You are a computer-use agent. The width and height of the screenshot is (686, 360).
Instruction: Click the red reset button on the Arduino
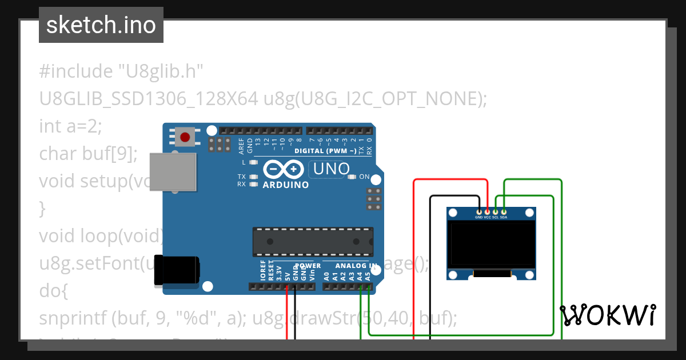[185, 137]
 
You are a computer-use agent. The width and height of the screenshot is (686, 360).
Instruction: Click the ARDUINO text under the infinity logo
[286, 185]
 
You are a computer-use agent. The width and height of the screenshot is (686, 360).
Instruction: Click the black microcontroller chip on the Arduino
[313, 241]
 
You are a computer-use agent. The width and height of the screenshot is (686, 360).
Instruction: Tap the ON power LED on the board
[352, 177]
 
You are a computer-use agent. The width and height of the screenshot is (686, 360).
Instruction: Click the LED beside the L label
[253, 163]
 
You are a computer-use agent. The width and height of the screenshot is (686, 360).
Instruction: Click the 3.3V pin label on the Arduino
[279, 273]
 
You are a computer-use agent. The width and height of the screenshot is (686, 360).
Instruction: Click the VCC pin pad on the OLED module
[487, 212]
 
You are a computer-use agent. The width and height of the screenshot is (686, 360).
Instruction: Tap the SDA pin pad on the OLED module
[503, 212]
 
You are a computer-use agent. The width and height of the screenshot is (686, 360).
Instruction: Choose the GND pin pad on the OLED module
[478, 212]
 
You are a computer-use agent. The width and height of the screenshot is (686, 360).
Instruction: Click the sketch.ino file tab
[101, 25]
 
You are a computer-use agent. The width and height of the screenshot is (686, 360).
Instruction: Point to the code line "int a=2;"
[70, 126]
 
